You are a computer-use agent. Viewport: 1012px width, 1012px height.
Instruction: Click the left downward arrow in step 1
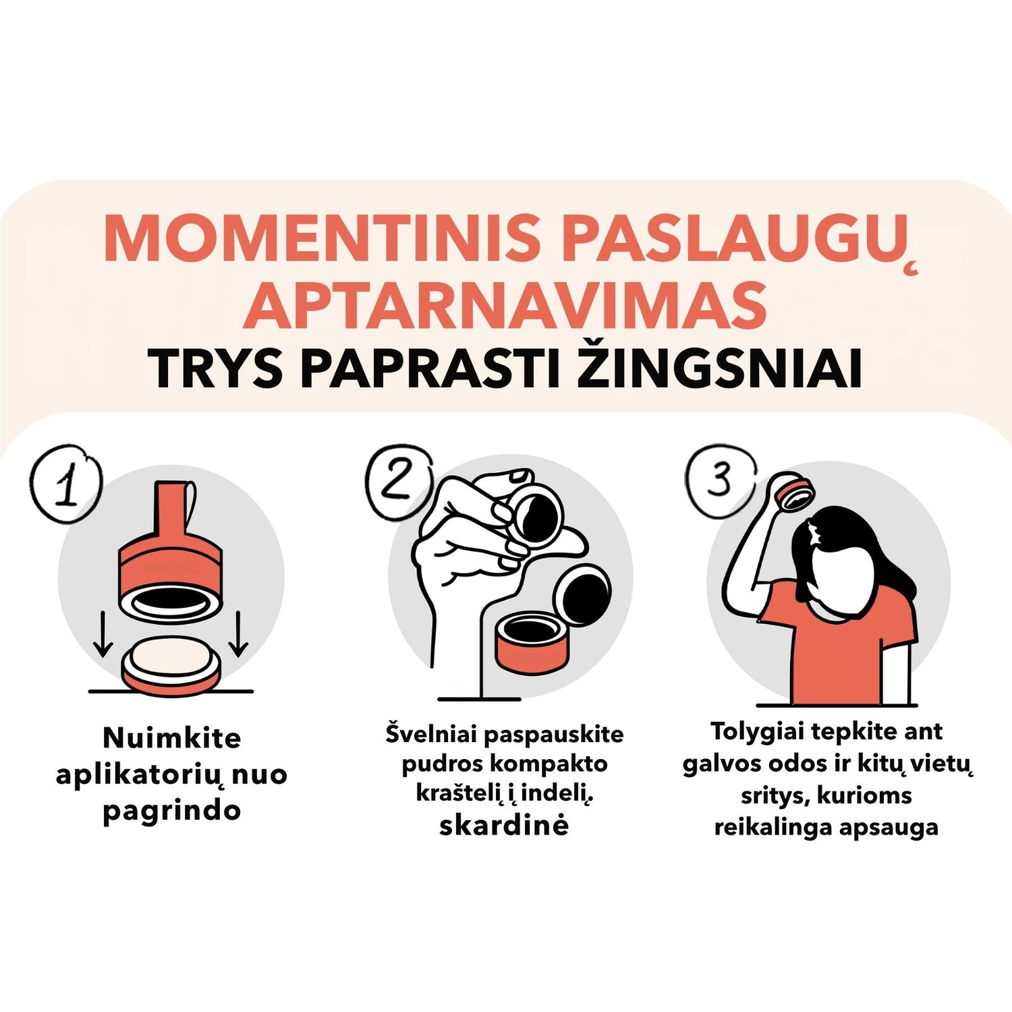[103, 634]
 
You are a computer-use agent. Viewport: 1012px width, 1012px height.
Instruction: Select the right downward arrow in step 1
[238, 634]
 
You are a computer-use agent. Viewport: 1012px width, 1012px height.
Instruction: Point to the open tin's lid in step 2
[582, 593]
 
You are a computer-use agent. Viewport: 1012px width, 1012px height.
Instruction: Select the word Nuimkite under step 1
[172, 738]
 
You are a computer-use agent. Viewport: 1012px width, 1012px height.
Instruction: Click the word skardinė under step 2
[504, 825]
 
